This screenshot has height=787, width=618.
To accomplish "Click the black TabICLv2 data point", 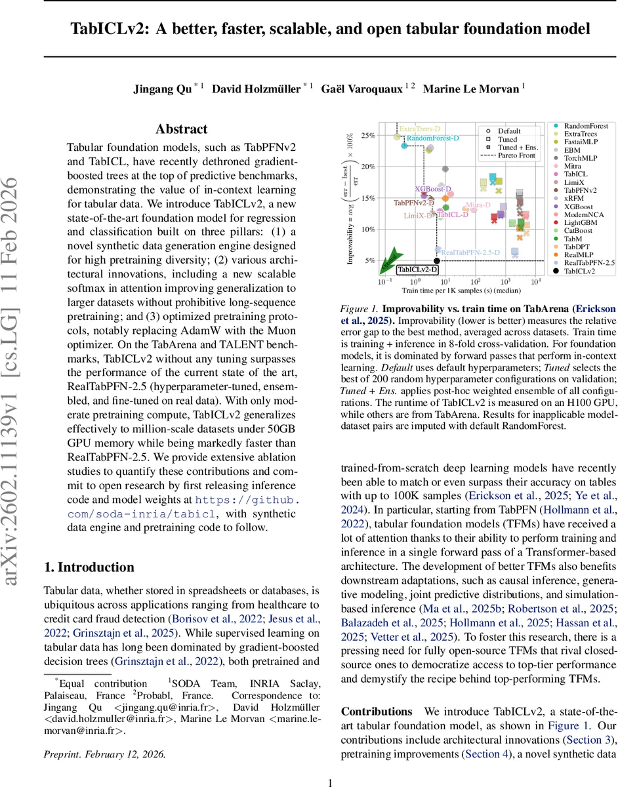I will tap(438, 261).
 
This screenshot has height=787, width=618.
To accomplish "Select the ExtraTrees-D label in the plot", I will tap(419, 129).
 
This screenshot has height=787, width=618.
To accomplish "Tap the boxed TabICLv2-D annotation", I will tap(418, 270).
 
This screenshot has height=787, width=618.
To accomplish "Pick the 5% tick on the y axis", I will tap(369, 260).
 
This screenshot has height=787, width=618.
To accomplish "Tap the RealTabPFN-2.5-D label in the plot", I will tap(470, 252).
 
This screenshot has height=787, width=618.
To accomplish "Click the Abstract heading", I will tap(182, 129).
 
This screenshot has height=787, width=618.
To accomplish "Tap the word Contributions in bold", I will tap(377, 711).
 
